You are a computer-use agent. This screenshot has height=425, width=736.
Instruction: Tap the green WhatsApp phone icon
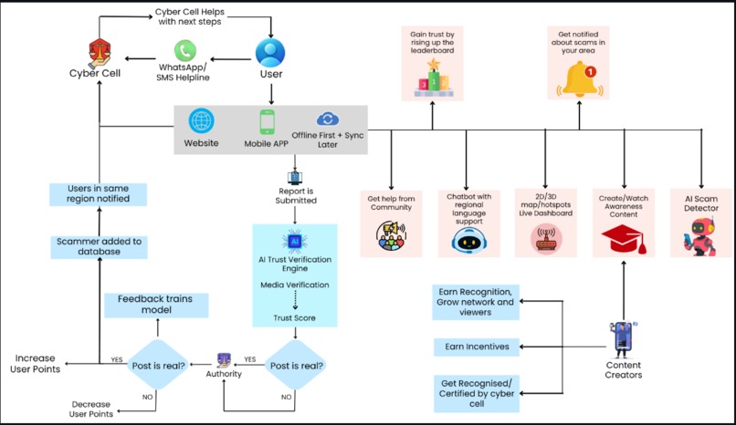click(x=186, y=51)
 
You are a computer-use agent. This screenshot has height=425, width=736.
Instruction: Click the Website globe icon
click(x=201, y=121)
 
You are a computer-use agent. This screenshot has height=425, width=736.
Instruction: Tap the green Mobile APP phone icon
click(x=267, y=122)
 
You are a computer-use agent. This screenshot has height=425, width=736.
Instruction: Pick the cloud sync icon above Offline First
click(x=327, y=119)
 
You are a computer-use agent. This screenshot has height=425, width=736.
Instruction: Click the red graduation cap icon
click(x=624, y=238)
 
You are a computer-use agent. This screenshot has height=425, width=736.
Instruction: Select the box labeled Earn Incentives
click(x=475, y=347)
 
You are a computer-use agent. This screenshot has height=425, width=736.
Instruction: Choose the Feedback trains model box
click(x=155, y=305)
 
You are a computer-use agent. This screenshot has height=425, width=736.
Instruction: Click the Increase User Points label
click(x=37, y=362)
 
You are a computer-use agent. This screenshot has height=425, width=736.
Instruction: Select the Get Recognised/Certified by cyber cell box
click(x=475, y=393)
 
